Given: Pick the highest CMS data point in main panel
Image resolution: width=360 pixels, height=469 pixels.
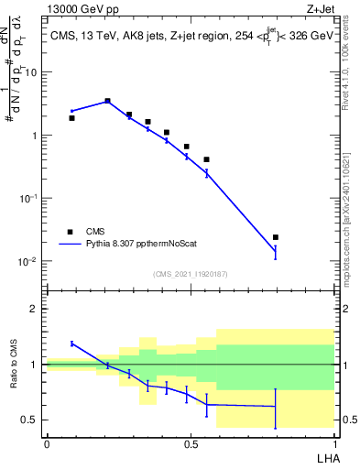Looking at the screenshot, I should click(107, 101).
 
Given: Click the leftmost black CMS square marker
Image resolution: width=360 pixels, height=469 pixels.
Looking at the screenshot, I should click(71, 118).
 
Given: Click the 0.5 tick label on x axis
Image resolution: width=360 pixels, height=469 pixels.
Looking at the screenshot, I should click(190, 443).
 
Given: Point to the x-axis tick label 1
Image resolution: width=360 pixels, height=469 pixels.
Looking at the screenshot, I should click(333, 443).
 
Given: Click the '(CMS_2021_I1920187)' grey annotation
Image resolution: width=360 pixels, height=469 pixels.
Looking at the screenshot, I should click(190, 274).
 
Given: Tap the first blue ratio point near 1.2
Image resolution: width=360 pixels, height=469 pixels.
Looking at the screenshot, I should click(71, 344).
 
